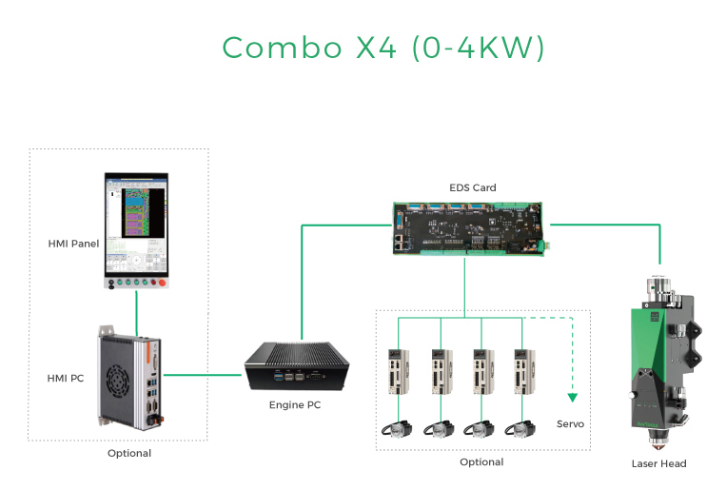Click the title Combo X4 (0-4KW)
click(x=383, y=48)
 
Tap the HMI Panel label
click(x=73, y=244)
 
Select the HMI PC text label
click(x=66, y=378)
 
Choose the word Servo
click(x=571, y=423)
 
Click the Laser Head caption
click(x=658, y=463)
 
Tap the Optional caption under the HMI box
click(x=129, y=453)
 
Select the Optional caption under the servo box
click(x=481, y=461)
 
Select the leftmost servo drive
click(x=397, y=372)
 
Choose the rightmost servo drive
click(x=520, y=372)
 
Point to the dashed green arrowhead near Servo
click(x=573, y=397)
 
